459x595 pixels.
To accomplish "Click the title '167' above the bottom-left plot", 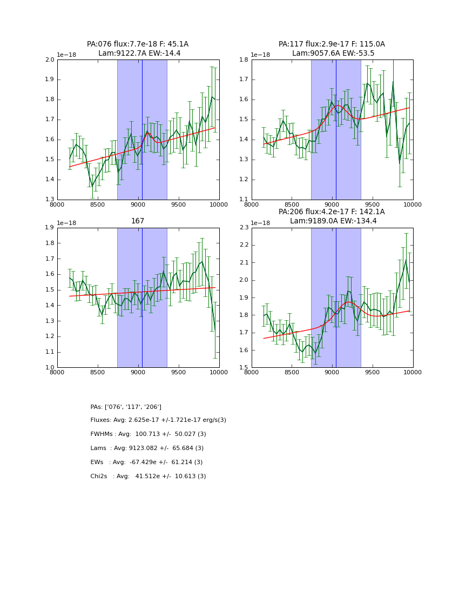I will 138,221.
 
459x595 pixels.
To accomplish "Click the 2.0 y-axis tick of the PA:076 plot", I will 50,60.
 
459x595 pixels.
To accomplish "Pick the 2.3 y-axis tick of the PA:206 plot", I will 244,228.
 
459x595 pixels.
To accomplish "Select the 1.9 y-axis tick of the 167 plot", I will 50,228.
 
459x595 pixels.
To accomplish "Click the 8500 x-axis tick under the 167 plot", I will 98,373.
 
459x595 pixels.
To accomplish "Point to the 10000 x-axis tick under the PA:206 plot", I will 413,373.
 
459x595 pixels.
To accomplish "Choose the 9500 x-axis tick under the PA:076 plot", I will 179,205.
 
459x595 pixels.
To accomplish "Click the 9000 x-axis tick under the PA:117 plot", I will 332,205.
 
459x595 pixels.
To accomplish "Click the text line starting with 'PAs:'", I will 126,407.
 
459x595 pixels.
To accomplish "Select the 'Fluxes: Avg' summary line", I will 158,420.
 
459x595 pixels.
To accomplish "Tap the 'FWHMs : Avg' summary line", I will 148,434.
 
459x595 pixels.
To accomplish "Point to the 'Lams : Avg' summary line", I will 147,448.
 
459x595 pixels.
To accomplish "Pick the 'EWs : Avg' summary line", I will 146,462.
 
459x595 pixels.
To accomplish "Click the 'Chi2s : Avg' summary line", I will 148,477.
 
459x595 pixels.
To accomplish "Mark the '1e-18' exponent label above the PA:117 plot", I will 261,55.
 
